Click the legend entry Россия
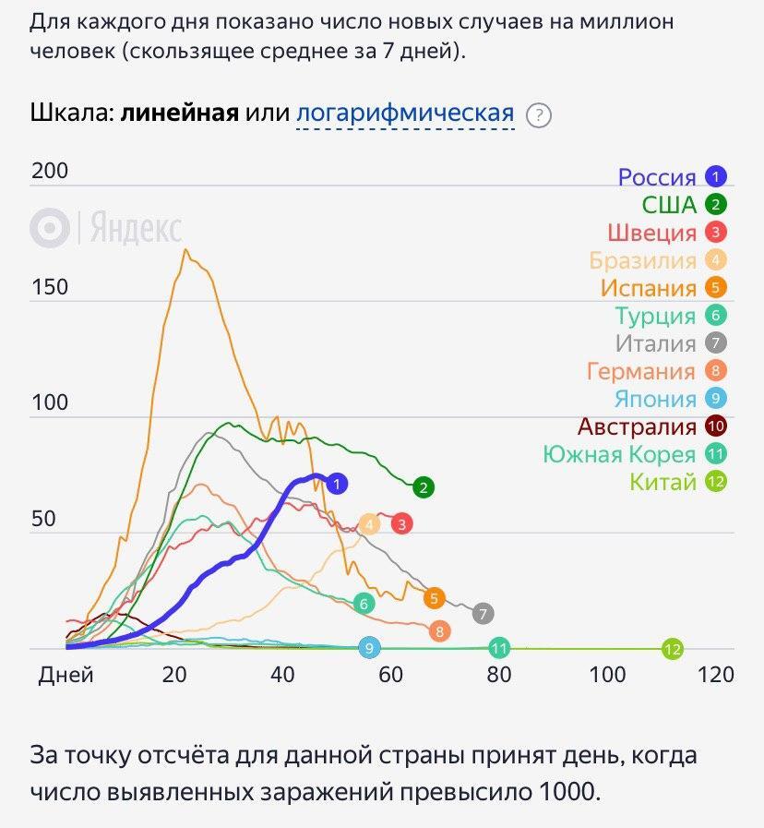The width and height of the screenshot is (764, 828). [x=656, y=177]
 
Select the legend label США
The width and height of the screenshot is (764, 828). [x=669, y=205]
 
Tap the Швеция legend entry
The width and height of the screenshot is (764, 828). [x=651, y=233]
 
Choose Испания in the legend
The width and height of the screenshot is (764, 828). [x=648, y=288]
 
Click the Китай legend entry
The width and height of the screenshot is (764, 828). [x=663, y=482]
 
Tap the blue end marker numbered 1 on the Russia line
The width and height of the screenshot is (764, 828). [x=337, y=483]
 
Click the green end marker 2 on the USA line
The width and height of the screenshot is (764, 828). [x=424, y=487]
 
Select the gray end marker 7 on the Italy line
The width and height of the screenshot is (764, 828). [x=483, y=613]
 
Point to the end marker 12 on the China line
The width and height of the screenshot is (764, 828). [x=673, y=649]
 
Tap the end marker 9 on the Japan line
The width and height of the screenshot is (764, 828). [x=369, y=649]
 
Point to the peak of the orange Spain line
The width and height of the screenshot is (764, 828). [x=185, y=249]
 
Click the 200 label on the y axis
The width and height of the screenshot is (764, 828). [x=50, y=172]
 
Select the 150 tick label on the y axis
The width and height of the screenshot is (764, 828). [x=50, y=287]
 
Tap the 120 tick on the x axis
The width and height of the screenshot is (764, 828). [x=716, y=675]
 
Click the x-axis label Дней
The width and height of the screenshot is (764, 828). [x=66, y=675]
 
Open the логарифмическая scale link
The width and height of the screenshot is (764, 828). [x=404, y=114]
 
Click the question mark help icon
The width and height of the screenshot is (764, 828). [x=539, y=115]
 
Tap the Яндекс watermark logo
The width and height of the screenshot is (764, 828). [x=105, y=227]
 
